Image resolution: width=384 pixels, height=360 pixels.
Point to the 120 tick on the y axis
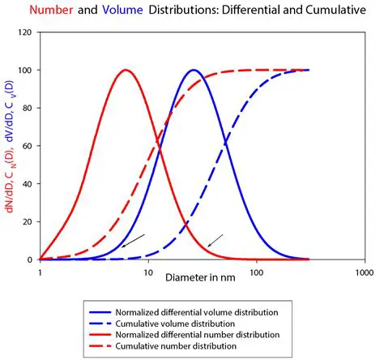(x=27, y=32)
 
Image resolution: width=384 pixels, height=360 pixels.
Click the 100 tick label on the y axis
(x=27, y=70)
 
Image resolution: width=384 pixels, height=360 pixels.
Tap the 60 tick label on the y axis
(x=29, y=146)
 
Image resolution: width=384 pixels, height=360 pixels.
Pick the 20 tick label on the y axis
(x=29, y=221)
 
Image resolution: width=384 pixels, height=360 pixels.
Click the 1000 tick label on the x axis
(x=363, y=273)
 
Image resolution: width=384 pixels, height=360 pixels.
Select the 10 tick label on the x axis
(x=147, y=273)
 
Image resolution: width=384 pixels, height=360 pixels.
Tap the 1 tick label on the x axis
(x=40, y=273)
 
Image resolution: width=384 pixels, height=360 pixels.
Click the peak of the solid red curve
(x=126, y=70)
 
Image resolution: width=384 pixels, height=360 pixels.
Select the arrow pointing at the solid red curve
(x=215, y=240)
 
